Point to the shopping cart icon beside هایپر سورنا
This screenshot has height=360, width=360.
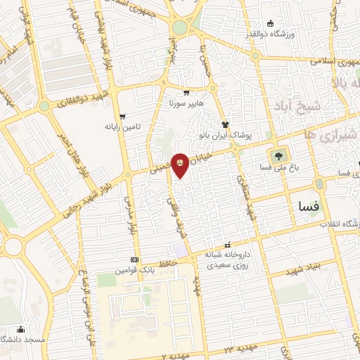pos(186,92)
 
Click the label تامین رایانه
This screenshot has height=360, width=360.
pos(124,127)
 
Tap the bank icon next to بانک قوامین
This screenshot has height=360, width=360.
pos(134,259)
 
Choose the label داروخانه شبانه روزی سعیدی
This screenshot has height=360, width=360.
pos(229,259)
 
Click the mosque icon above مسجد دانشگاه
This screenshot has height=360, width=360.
pos(20,329)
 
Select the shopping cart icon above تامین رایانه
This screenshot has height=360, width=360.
pos(123,117)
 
